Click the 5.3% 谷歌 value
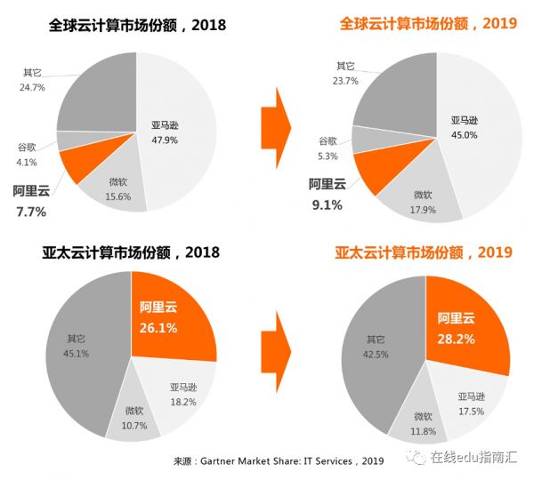tap(328, 156)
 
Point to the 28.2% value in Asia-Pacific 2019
tap(457, 338)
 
